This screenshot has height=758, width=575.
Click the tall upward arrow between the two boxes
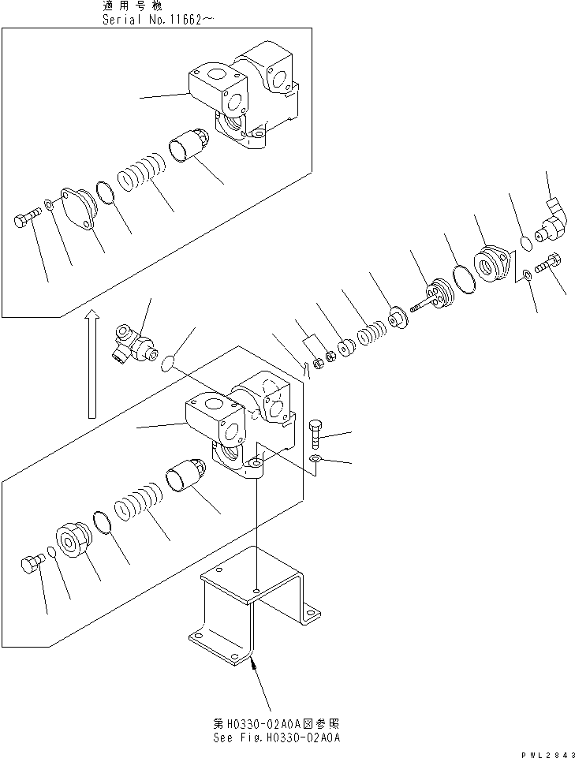92,363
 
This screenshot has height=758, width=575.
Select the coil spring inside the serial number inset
141,175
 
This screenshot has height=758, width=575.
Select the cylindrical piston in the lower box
188,478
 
